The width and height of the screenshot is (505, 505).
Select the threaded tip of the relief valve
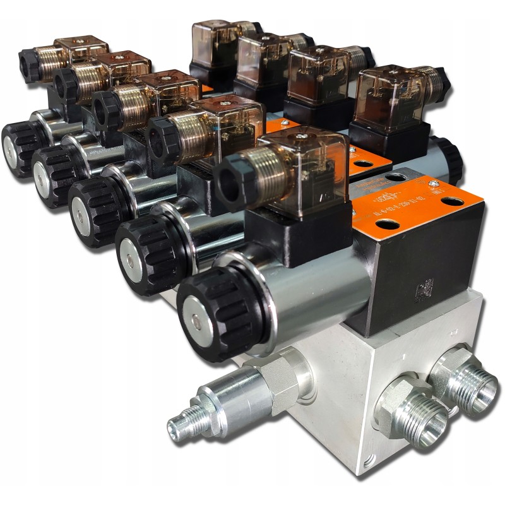(x=181, y=425)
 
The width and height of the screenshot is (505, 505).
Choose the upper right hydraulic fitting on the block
(x=460, y=372)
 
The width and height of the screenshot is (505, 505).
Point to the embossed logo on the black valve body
(x=420, y=291)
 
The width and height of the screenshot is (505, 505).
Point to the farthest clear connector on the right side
(x=215, y=41)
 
